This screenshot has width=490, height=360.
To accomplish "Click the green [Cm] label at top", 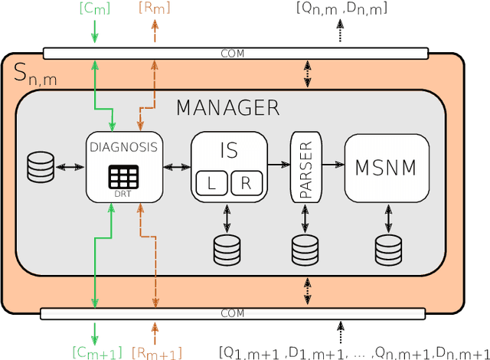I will (94, 9).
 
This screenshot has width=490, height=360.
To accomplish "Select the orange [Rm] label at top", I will (155, 9).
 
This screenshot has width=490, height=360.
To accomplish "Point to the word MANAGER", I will (228, 108).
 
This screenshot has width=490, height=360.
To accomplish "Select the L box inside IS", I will (211, 184).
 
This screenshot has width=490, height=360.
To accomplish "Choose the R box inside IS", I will (247, 184).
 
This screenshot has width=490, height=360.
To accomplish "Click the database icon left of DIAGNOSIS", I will (41, 166).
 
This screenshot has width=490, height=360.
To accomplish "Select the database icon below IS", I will (227, 247).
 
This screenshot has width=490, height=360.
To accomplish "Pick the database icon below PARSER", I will (305, 247).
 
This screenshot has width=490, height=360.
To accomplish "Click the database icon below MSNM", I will (388, 247).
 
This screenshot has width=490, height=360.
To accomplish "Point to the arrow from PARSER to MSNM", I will (333, 164).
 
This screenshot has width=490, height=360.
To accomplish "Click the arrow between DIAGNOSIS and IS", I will (176, 165).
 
